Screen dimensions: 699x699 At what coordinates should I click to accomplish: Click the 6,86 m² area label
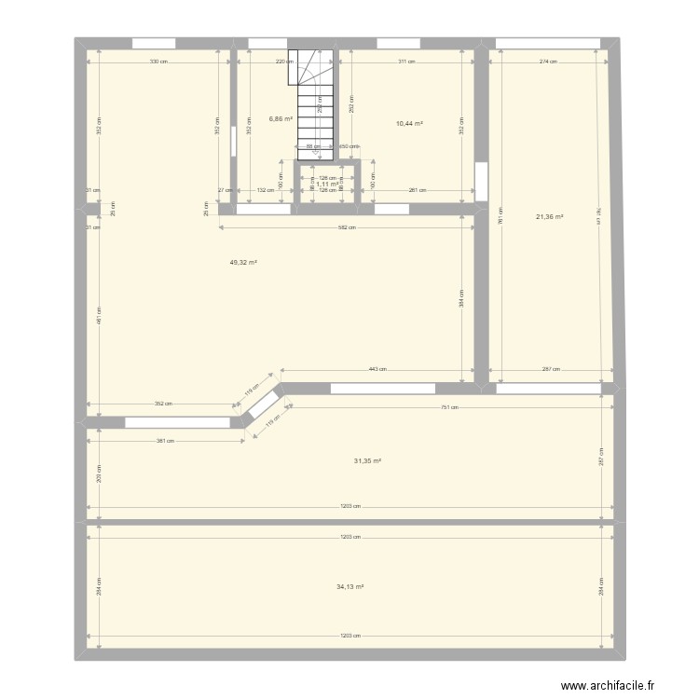coord(281,118)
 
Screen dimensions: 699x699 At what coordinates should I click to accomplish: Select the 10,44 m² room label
coord(409,123)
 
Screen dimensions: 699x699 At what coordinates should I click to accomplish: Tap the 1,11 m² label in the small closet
coord(326,184)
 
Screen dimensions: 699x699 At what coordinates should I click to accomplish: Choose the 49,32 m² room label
coord(243,263)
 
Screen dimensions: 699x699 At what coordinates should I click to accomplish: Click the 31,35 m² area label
coord(368,461)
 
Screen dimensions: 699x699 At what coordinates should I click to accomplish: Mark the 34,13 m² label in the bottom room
coord(349,586)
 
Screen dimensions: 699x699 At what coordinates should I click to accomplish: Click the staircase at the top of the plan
coord(315,98)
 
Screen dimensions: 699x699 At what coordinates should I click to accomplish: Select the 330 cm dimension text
coord(159,62)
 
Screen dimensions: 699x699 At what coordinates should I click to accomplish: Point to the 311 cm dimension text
coord(405,62)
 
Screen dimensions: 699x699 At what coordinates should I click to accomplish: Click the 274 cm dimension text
coord(547,62)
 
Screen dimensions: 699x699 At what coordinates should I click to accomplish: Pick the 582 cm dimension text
coord(347,226)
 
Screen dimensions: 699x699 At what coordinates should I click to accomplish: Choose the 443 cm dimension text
coord(377,369)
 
